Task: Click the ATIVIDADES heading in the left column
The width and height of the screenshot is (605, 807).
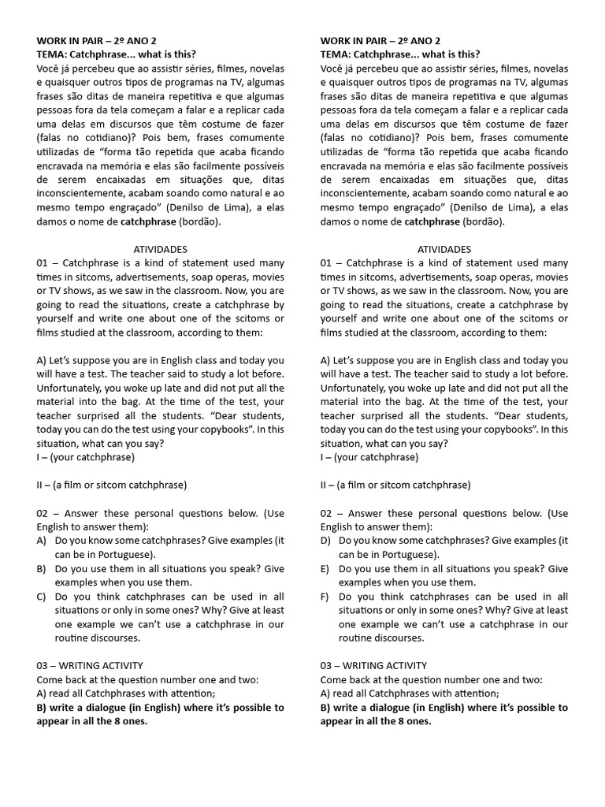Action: click(161, 249)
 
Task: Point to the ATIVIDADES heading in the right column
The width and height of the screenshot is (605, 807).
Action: click(444, 249)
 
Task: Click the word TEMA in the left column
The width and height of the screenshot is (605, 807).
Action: click(50, 54)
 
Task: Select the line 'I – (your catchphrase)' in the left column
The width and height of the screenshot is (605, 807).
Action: click(85, 457)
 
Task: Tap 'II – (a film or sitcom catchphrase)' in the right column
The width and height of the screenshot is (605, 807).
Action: click(395, 485)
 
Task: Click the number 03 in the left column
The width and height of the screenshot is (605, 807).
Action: click(43, 665)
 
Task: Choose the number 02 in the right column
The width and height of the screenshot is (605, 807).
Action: click(327, 513)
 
